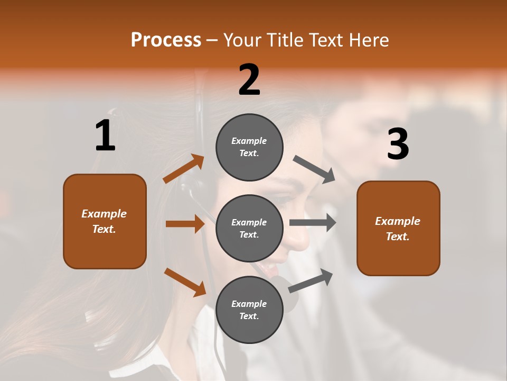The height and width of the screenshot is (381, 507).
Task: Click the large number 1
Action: (105, 135)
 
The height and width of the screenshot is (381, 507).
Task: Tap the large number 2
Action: (249, 80)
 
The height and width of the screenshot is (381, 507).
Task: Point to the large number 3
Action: (398, 144)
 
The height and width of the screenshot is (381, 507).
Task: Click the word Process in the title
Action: (166, 40)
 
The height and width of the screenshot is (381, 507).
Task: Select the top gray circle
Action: (249, 147)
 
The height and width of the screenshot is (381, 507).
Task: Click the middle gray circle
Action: (249, 228)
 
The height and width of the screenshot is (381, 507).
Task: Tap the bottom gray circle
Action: (249, 310)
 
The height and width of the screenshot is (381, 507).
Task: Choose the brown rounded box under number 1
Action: (105, 221)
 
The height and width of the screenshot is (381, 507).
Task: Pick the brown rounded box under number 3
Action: (398, 228)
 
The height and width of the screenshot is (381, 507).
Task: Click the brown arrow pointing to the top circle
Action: (184, 169)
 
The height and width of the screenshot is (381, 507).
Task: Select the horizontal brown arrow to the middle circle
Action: (185, 224)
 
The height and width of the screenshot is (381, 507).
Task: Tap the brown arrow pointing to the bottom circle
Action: (185, 282)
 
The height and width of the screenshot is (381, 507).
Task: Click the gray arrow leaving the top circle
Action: (314, 169)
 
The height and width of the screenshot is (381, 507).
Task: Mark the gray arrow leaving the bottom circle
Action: (311, 280)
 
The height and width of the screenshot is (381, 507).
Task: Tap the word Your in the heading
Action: (243, 40)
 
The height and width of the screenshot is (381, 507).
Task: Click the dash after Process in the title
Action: (212, 40)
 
